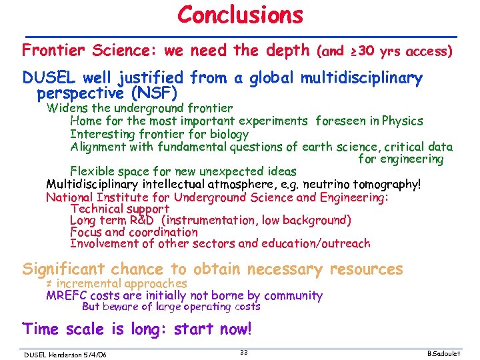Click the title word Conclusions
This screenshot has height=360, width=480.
point(240,15)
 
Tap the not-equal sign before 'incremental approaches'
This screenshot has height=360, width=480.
point(49,284)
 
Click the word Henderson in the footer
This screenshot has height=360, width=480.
point(64,355)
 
